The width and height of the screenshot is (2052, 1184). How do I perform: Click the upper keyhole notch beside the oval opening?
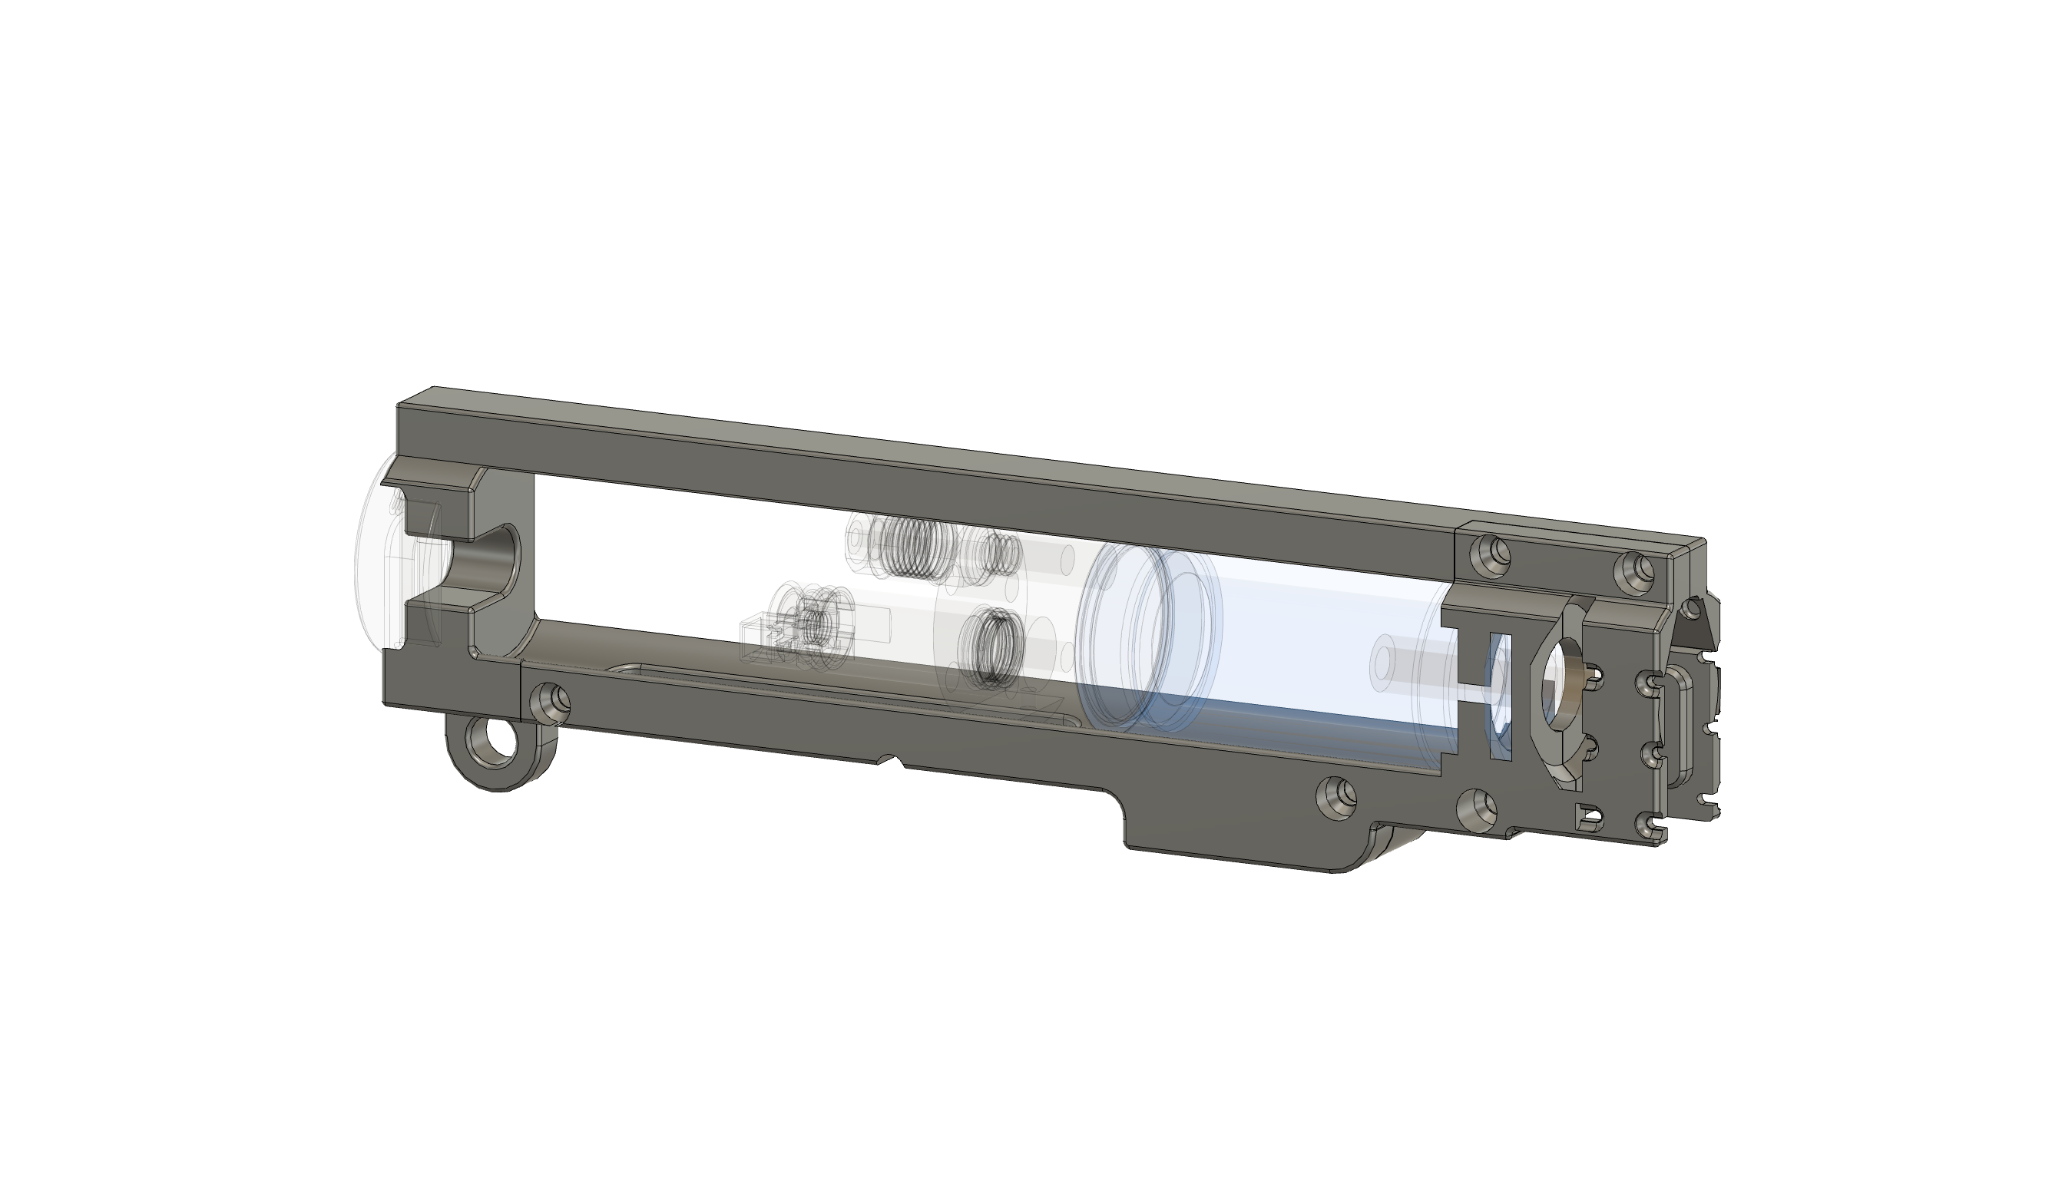(1594, 674)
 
